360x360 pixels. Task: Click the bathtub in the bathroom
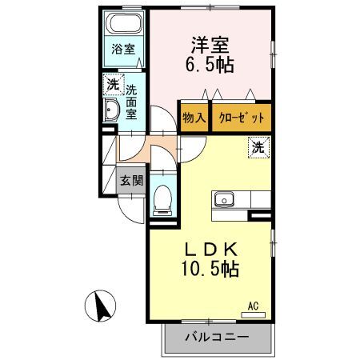(x=124, y=23)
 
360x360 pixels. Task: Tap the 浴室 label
(x=123, y=50)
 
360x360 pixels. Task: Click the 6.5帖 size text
(x=210, y=65)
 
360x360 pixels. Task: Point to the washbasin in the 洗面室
(x=111, y=110)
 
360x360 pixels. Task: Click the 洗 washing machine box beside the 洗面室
(x=114, y=85)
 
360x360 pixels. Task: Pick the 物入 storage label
(x=194, y=118)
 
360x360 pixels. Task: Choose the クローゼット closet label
(x=242, y=118)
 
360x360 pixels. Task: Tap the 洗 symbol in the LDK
(x=258, y=147)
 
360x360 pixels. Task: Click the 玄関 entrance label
(x=132, y=181)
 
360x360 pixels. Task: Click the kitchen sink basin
(x=224, y=199)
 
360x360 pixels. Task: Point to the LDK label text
(x=211, y=250)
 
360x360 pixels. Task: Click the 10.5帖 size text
(x=210, y=269)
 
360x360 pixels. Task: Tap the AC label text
(x=253, y=306)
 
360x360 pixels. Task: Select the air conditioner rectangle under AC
(x=253, y=315)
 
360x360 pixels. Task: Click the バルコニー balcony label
(x=217, y=337)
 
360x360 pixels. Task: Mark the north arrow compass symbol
(x=100, y=306)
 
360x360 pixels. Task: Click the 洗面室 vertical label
(x=131, y=102)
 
